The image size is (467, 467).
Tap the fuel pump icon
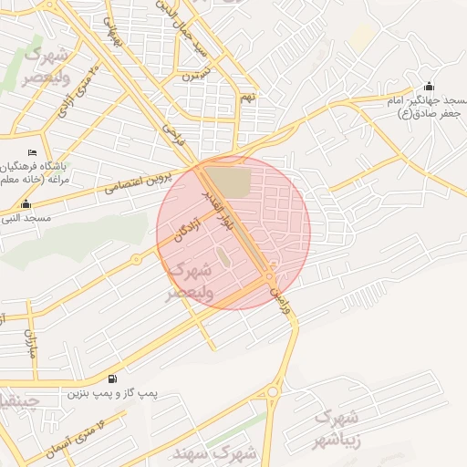(x=111, y=379)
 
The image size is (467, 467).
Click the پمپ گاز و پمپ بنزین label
(x=112, y=394)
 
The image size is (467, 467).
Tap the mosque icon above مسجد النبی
(x=25, y=203)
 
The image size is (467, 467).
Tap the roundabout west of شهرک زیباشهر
(x=272, y=394)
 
